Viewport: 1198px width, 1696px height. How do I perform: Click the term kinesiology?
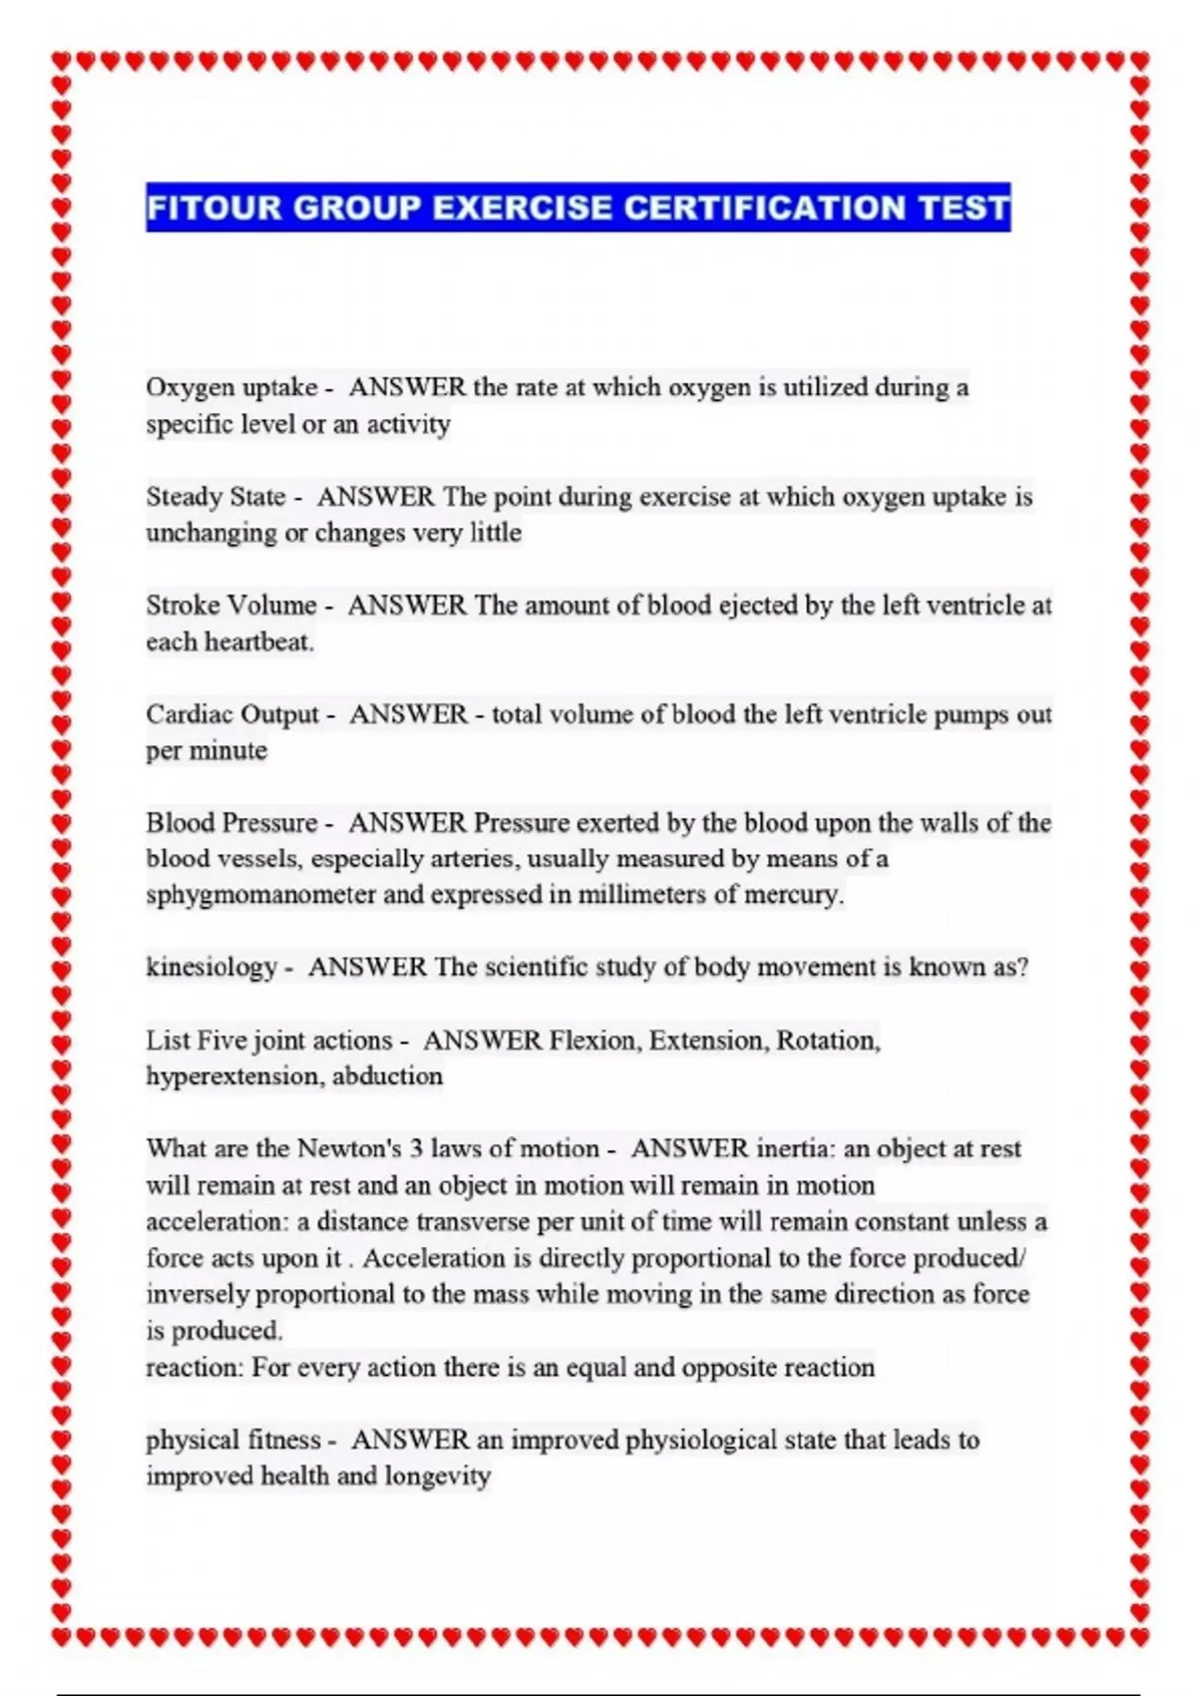coord(211,967)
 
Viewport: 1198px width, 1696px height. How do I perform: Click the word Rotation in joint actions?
coord(828,1040)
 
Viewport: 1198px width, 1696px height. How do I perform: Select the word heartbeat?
coord(258,640)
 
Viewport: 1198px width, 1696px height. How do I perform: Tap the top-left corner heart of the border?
coord(62,62)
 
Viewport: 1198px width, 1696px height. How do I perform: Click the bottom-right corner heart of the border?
coord(1140,1636)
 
